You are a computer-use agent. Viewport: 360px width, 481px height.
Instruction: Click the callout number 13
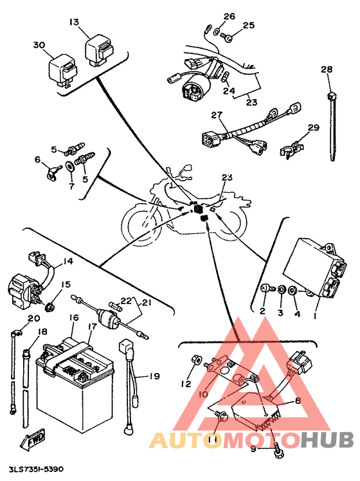coord(74,22)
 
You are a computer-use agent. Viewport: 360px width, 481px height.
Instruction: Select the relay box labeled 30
coord(63,71)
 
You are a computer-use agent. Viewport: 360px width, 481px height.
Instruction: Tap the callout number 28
coord(327,69)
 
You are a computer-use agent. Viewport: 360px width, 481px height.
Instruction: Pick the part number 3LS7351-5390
coord(36,469)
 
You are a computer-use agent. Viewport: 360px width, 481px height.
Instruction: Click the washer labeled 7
coord(70,167)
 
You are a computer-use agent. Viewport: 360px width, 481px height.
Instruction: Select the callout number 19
coord(154,376)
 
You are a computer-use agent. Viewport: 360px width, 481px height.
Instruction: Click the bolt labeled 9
coord(278,449)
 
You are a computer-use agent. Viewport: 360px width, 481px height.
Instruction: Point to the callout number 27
coord(217,115)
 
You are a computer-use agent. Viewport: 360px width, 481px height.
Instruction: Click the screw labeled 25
coord(227,38)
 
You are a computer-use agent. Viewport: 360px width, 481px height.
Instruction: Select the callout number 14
coord(68,261)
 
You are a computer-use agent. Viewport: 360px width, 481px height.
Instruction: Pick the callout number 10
coord(203,394)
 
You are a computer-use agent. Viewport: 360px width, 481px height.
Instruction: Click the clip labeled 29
coord(292,149)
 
